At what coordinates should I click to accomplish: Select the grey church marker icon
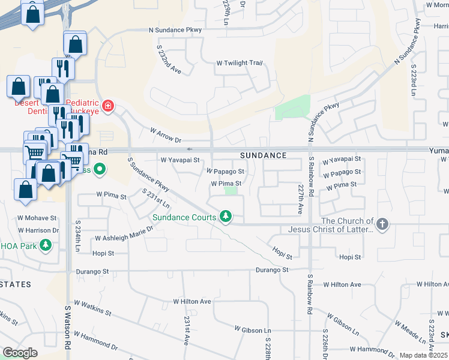coord(382,225)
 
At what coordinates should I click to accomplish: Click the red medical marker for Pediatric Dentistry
coord(108,107)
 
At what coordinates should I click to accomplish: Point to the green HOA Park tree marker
coord(45,245)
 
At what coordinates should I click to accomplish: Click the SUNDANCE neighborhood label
coord(263,155)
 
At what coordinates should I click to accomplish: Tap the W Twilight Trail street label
coord(240,63)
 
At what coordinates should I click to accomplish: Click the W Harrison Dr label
coord(38,230)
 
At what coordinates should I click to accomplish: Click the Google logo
coord(20,353)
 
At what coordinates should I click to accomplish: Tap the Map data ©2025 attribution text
coord(423,355)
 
